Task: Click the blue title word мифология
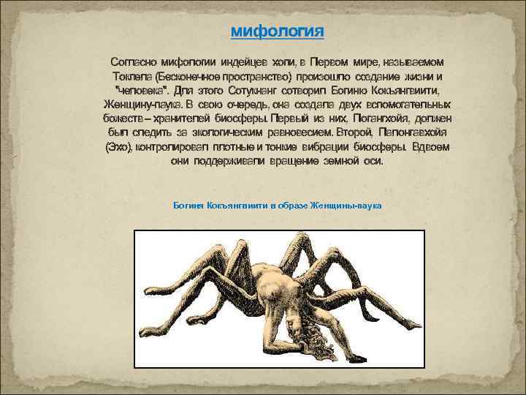(277, 32)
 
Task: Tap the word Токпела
(129, 75)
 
